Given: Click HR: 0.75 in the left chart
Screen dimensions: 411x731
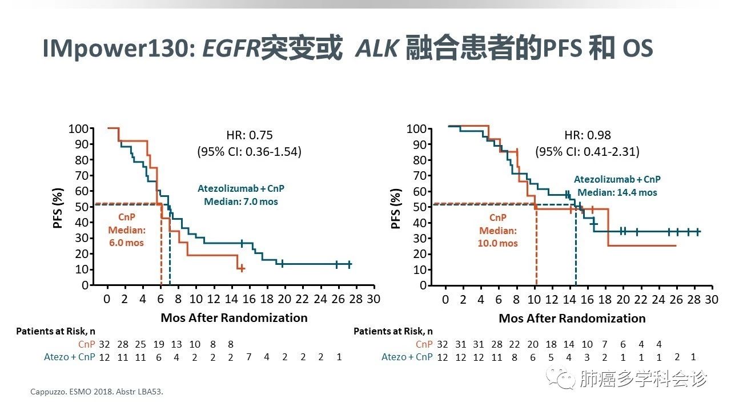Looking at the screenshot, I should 250,135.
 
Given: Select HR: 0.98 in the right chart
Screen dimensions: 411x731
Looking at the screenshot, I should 588,135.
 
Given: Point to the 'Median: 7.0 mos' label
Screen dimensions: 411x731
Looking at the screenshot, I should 241,202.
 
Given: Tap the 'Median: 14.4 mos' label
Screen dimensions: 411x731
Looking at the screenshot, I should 617,192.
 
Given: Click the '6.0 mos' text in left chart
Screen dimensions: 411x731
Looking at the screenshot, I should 127,243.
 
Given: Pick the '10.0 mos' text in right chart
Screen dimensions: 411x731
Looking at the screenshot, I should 498,243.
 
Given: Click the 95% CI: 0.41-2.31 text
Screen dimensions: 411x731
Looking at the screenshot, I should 587,152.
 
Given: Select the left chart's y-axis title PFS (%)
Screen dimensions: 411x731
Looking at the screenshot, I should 58,205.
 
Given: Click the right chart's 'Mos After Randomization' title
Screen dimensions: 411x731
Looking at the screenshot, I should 572,318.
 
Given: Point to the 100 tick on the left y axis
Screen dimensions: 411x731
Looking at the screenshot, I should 78,128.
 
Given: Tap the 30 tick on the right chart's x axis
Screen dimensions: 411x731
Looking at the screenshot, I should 711,299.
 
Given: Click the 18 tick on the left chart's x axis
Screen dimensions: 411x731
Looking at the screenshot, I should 267,299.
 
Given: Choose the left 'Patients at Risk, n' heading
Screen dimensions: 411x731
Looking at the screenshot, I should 55,331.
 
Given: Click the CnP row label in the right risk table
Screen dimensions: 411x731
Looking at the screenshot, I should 424,344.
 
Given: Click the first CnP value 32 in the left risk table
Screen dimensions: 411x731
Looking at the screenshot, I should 104,344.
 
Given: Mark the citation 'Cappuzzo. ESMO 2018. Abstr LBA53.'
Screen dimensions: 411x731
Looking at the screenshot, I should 99,392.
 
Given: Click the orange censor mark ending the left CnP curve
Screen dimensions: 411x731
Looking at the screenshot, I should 242,268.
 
